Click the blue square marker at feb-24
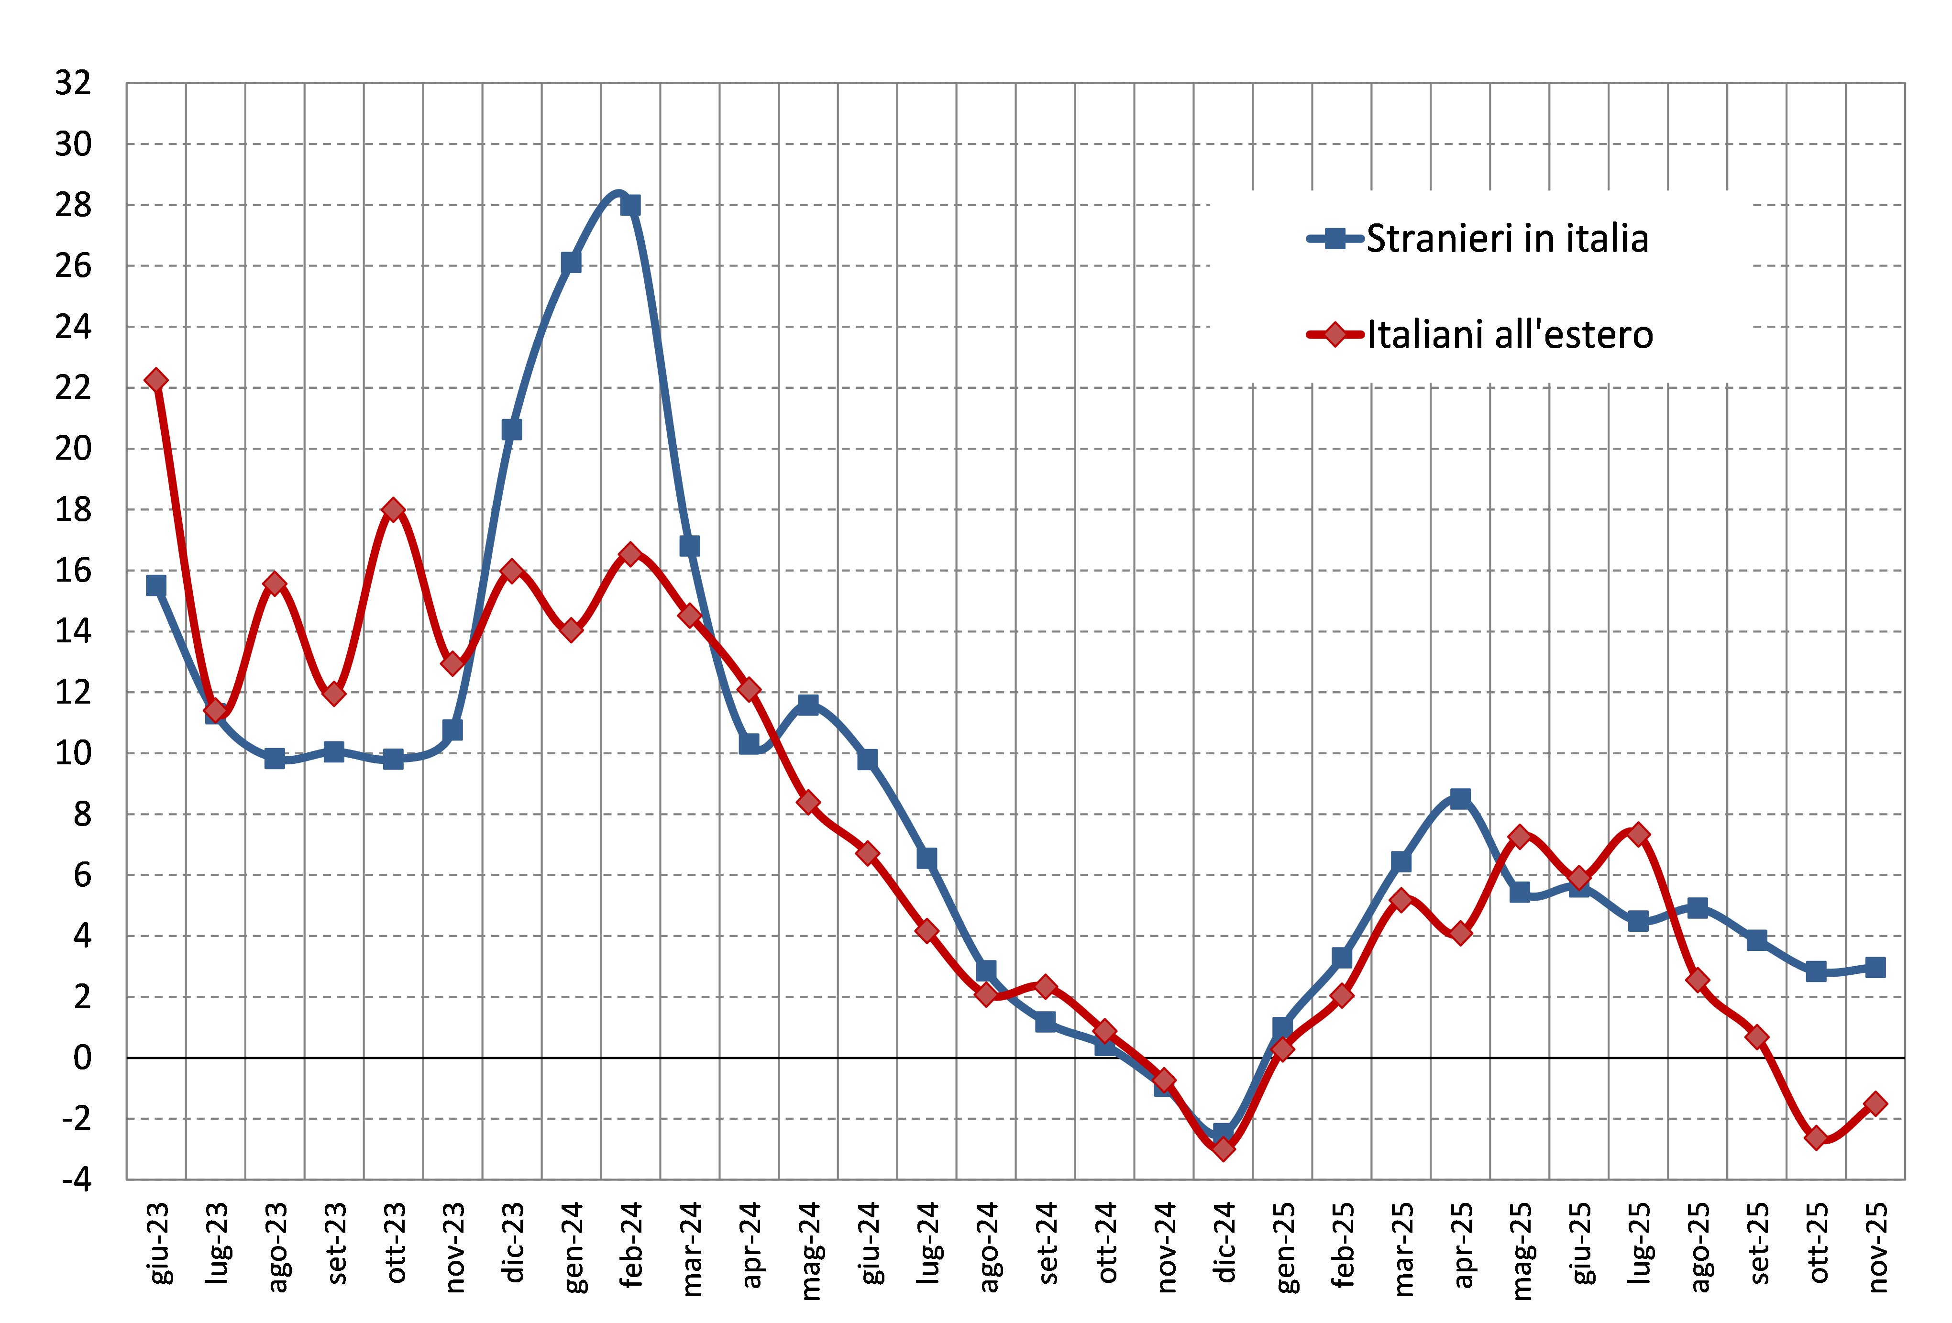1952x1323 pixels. click(630, 205)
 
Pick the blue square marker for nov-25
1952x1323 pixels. click(1875, 967)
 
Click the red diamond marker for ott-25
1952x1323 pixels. click(1816, 1138)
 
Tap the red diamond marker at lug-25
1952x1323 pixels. click(1638, 834)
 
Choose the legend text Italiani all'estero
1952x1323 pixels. click(1510, 335)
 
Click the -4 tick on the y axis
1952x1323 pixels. click(76, 1180)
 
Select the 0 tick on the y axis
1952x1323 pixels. click(81, 1058)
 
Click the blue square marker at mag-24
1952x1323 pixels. click(808, 704)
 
